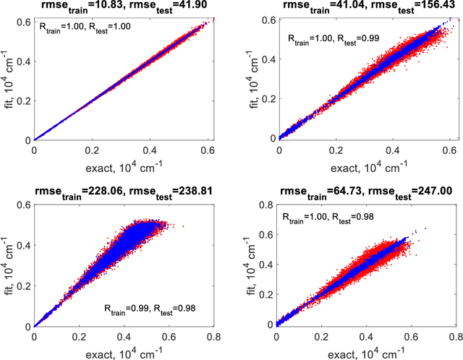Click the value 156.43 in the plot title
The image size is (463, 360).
click(429, 7)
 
